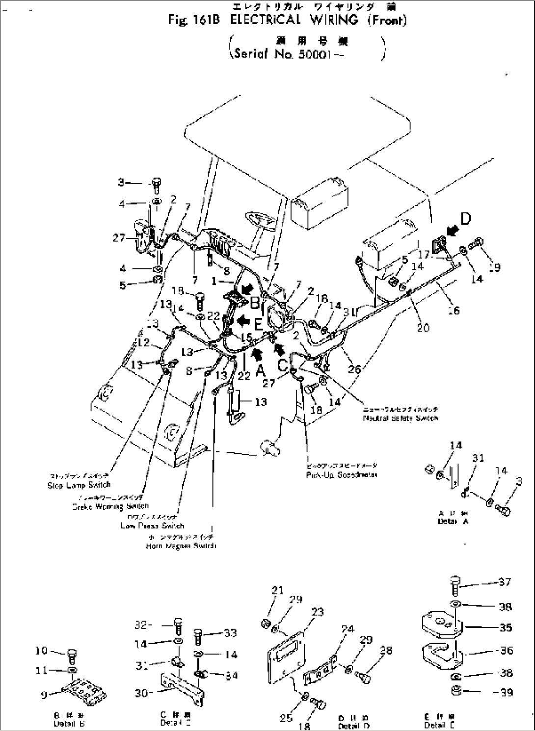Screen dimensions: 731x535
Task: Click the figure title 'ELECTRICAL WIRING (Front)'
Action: click(314, 21)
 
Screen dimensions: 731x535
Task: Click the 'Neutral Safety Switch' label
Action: click(400, 418)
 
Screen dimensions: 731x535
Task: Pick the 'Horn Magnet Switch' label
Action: click(181, 546)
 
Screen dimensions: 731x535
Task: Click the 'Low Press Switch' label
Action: click(152, 525)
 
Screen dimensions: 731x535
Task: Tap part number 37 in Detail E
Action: click(505, 582)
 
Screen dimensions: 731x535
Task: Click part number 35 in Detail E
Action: click(505, 627)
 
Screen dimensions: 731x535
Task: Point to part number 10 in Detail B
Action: click(42, 651)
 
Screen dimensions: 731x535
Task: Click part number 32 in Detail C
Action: click(141, 626)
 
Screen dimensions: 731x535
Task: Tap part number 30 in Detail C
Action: click(141, 694)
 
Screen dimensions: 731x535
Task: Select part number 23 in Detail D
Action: click(318, 612)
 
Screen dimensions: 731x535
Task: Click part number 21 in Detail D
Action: click(278, 590)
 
